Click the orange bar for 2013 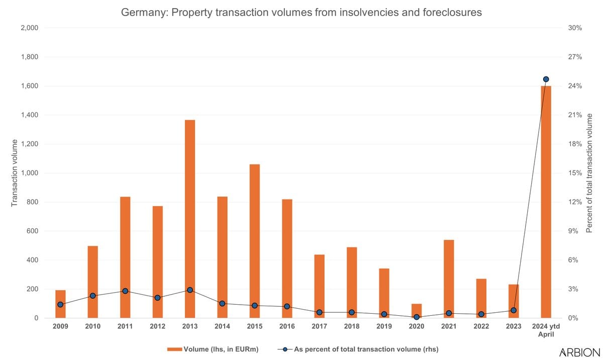click(189, 219)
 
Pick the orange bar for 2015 click(254, 241)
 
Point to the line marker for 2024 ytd click(546, 79)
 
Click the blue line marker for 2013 click(189, 290)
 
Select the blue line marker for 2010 click(93, 296)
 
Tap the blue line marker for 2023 click(514, 310)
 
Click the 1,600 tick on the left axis click(30, 86)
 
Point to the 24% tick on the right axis click(575, 86)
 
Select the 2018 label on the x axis click(352, 326)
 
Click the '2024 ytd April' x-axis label click(546, 330)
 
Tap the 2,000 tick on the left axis click(30, 28)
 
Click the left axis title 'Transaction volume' click(15, 173)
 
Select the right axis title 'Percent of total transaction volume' click(590, 173)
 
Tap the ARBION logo click(579, 352)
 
